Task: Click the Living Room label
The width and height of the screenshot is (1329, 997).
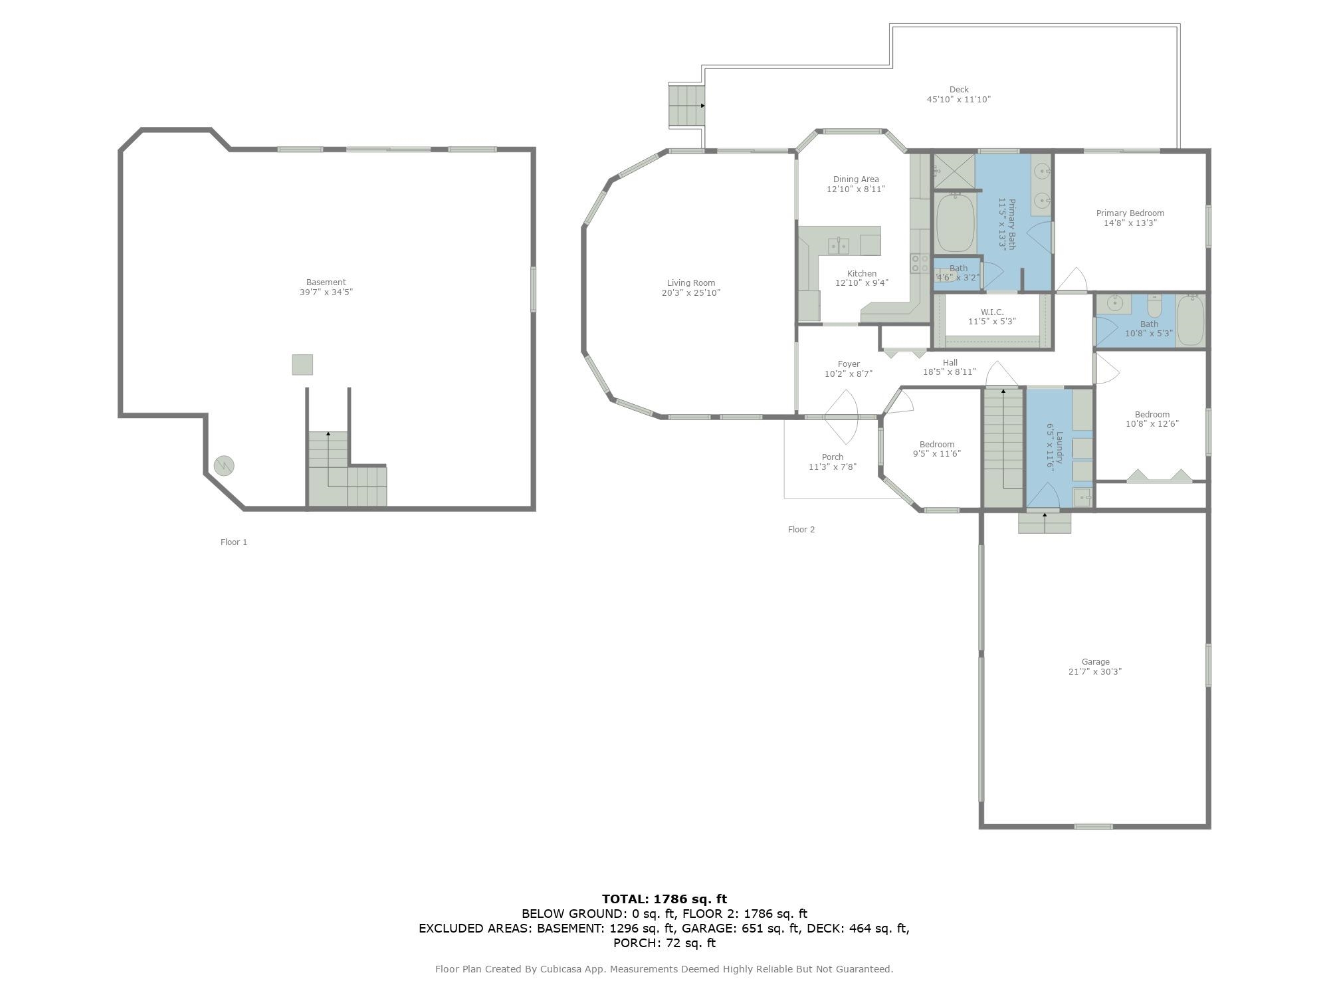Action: pyautogui.click(x=691, y=283)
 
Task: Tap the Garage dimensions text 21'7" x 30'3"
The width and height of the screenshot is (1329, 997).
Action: pyautogui.click(x=1095, y=672)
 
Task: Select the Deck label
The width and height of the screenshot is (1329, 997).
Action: pyautogui.click(x=959, y=90)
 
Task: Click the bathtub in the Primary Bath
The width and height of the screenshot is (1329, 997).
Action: pyautogui.click(x=956, y=223)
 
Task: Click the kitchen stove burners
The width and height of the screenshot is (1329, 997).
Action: pyautogui.click(x=920, y=263)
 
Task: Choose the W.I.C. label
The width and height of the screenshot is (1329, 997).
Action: pyautogui.click(x=992, y=312)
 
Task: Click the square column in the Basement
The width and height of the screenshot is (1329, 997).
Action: pyautogui.click(x=302, y=365)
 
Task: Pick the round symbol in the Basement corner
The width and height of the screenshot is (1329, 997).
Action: pyautogui.click(x=224, y=466)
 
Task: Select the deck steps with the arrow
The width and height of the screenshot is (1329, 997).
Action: pyautogui.click(x=686, y=106)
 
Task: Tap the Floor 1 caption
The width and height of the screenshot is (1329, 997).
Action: pyautogui.click(x=234, y=542)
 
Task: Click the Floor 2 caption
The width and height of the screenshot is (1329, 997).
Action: pyautogui.click(x=801, y=530)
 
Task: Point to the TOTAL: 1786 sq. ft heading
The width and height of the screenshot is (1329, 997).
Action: pyautogui.click(x=664, y=899)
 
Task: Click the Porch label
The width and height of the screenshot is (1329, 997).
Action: pyautogui.click(x=833, y=457)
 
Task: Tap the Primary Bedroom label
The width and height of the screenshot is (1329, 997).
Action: pyautogui.click(x=1130, y=213)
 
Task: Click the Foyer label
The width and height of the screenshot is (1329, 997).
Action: pyautogui.click(x=849, y=364)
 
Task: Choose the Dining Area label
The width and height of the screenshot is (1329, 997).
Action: pyautogui.click(x=856, y=179)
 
